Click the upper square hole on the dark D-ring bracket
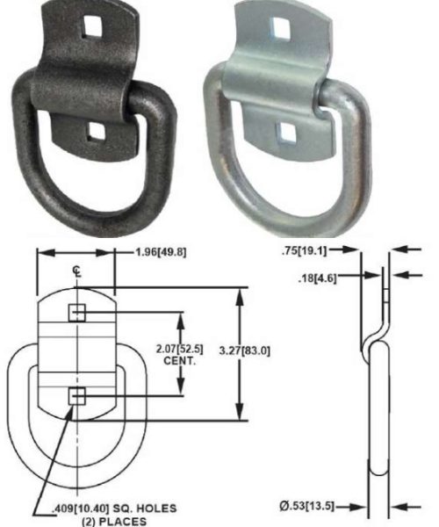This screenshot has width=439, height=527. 91,26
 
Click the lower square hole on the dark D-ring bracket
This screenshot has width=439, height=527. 96,131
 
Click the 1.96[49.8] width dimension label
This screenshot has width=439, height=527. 161,252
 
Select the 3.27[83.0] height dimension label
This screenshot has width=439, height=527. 245,351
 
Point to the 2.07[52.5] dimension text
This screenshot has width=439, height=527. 180,350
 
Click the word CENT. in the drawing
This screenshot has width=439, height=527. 180,361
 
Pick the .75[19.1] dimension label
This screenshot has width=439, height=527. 305,250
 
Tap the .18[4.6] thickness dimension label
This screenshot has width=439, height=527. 317,278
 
